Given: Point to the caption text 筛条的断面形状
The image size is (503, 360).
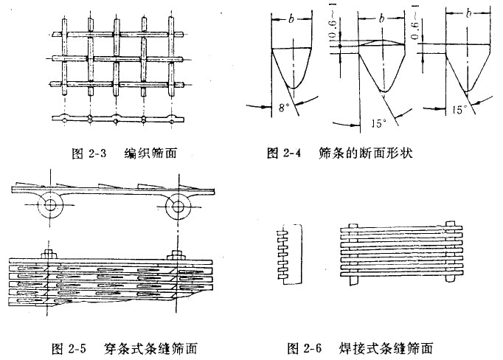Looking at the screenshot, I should [364, 154].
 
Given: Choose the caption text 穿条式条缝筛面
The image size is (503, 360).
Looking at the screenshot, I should [156, 346].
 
